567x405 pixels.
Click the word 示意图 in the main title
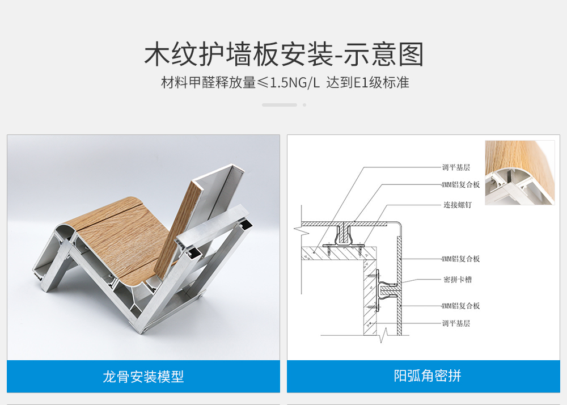[383, 54]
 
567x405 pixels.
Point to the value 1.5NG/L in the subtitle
[295, 83]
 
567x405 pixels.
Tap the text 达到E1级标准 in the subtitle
[368, 83]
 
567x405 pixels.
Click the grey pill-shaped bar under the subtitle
[280, 105]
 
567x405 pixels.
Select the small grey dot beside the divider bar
[304, 105]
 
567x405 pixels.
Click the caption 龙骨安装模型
[143, 377]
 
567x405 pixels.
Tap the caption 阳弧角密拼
[428, 376]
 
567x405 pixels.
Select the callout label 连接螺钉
[458, 205]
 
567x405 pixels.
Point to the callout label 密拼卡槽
[458, 279]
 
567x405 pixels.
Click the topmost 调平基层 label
[456, 167]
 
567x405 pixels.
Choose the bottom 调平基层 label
[456, 323]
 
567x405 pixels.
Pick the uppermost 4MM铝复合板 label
[460, 185]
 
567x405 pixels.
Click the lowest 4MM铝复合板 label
[460, 306]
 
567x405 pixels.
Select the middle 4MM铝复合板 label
[460, 259]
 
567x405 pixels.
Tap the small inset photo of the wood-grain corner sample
[519, 172]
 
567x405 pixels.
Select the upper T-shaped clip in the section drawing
[342, 236]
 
